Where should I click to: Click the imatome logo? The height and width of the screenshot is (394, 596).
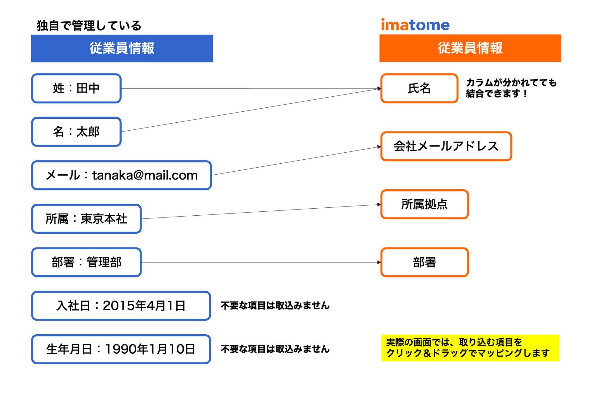(415, 25)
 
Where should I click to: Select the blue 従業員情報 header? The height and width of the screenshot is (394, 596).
(122, 48)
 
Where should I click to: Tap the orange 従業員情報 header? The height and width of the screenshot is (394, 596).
(470, 48)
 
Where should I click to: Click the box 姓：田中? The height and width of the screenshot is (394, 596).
(76, 88)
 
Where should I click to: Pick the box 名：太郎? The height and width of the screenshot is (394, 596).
(76, 132)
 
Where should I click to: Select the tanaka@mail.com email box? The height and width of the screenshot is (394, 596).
(121, 175)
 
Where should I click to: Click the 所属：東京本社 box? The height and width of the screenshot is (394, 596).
(86, 219)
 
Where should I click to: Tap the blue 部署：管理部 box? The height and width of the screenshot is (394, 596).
(86, 262)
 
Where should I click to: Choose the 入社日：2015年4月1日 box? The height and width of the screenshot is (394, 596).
(121, 306)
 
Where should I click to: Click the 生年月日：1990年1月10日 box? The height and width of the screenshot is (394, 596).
(121, 349)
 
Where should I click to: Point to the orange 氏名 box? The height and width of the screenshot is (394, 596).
(419, 88)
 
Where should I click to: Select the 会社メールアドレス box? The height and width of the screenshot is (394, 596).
(446, 146)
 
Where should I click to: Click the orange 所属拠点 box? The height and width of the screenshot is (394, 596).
(424, 204)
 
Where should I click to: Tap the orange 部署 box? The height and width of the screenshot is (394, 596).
(424, 262)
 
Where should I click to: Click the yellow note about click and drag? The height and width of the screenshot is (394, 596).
(470, 348)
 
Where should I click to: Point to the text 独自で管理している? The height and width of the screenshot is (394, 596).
(89, 26)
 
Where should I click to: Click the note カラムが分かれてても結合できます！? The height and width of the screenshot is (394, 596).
(511, 88)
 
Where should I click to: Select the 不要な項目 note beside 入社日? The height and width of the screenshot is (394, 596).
(275, 306)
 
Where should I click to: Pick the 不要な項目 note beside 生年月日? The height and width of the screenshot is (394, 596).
(275, 349)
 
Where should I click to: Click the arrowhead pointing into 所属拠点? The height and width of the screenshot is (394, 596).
(379, 205)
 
